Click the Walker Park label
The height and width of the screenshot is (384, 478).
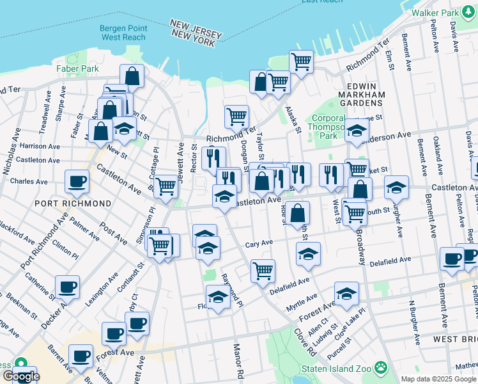coord(436,12)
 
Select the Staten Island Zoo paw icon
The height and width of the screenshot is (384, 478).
coord(382,367)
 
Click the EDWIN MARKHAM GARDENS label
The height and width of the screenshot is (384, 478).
coord(367,94)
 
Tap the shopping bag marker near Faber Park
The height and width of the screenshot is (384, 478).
coord(132,76)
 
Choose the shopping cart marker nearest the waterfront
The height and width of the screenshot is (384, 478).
coord(301,61)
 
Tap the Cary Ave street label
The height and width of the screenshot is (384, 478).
coord(259,243)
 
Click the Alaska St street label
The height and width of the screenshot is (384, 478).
coord(293,120)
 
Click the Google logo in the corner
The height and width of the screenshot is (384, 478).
coord(20,376)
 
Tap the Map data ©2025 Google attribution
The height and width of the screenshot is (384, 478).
coord(438,379)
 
